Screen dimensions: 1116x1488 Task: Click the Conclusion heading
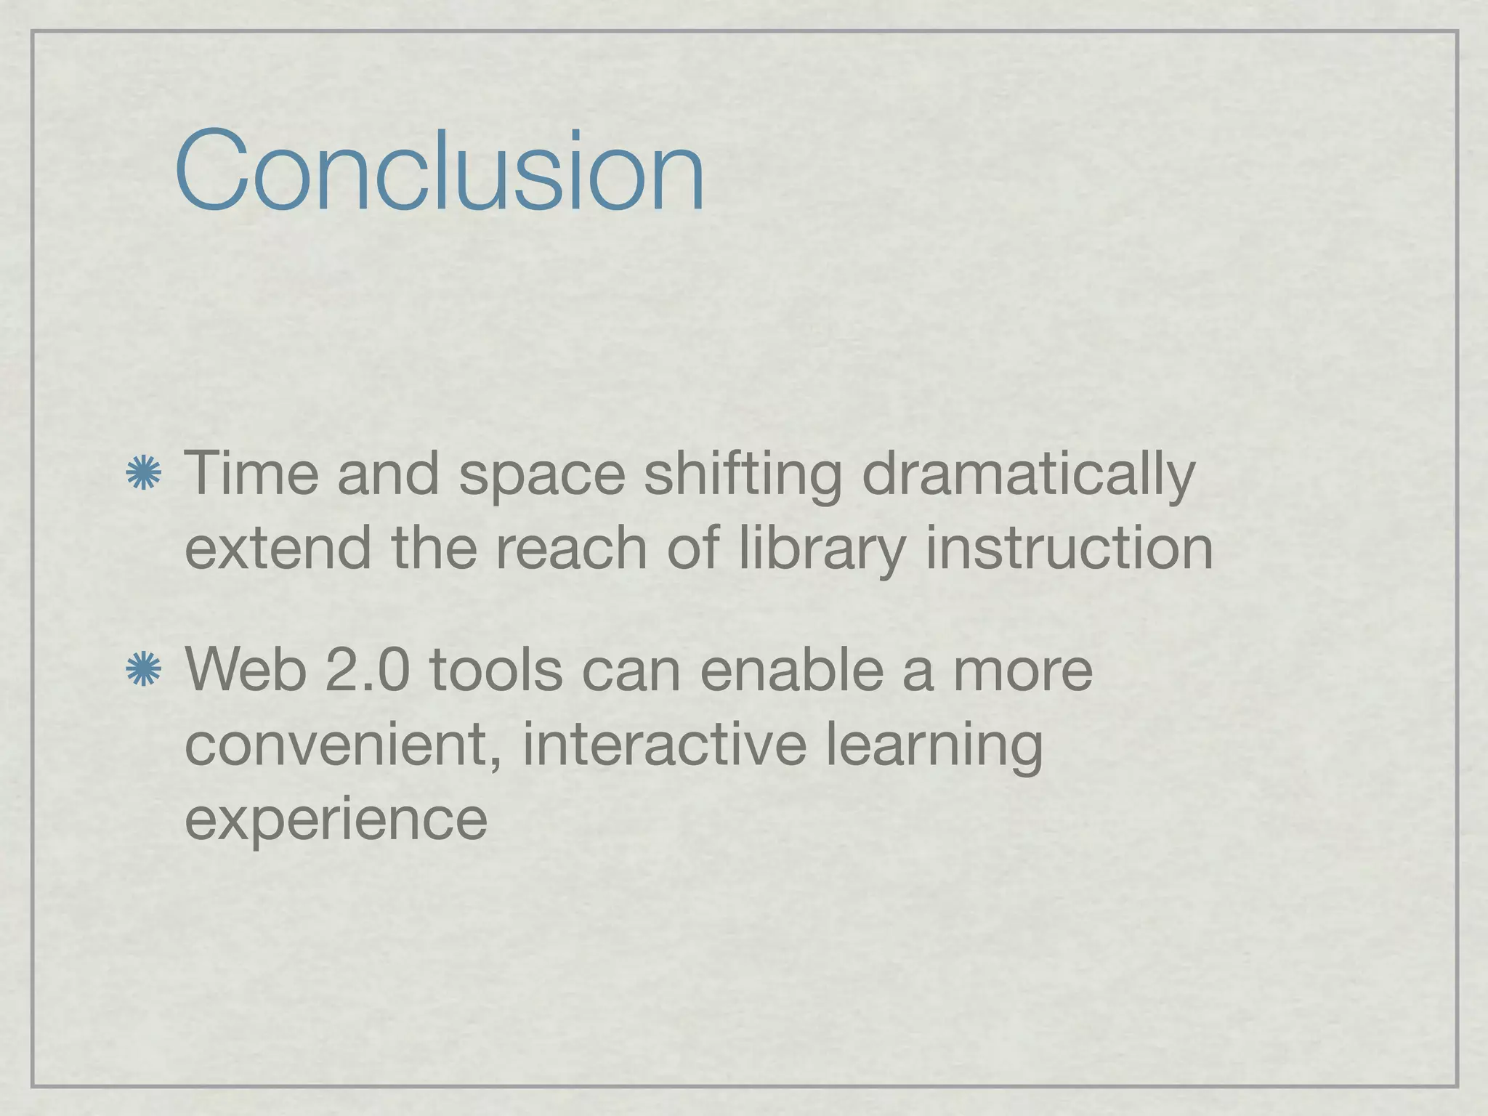pos(440,171)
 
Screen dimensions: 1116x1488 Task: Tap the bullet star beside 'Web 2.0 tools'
pos(143,669)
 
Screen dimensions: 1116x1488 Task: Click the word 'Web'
pos(246,669)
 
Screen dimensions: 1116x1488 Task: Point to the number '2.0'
pos(368,669)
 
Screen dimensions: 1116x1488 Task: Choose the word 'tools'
pos(496,669)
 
